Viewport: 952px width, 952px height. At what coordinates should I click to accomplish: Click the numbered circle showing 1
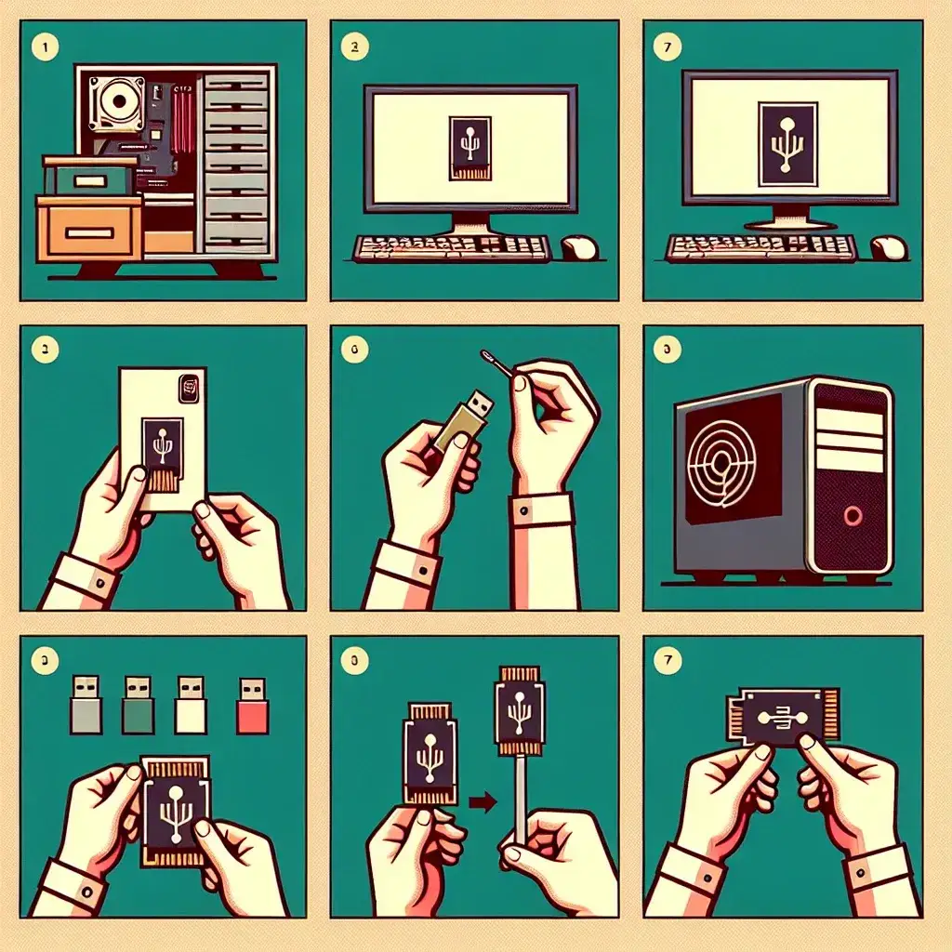coord(41,44)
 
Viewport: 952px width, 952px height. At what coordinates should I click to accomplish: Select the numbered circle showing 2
coord(351,44)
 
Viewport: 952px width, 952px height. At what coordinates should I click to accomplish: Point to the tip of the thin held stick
coord(484,353)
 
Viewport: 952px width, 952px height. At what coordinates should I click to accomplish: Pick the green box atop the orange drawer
coord(88,177)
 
